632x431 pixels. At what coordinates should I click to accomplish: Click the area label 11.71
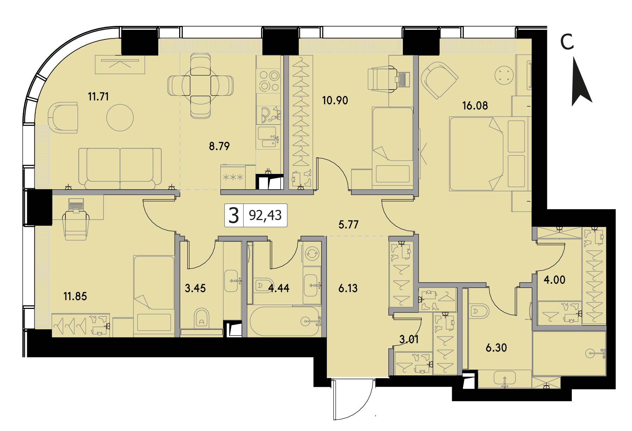98,96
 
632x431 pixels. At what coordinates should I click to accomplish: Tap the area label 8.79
219,146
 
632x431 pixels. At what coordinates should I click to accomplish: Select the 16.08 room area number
475,105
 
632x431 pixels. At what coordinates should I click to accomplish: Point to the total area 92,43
265,215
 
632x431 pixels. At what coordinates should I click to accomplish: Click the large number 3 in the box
233,215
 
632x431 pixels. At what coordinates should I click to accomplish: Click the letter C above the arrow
567,43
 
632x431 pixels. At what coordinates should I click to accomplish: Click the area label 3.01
409,339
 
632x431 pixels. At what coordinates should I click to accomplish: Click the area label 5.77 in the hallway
349,224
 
